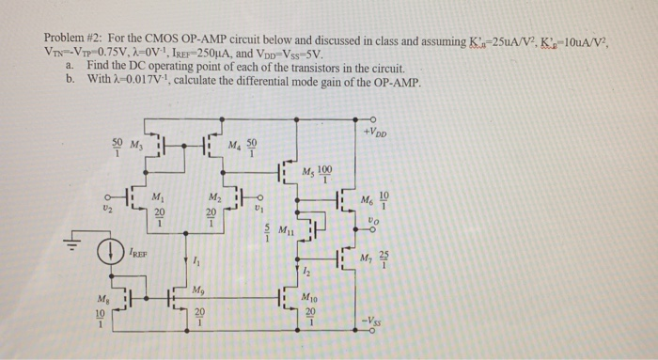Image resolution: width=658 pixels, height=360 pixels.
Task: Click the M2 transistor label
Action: [217, 196]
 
